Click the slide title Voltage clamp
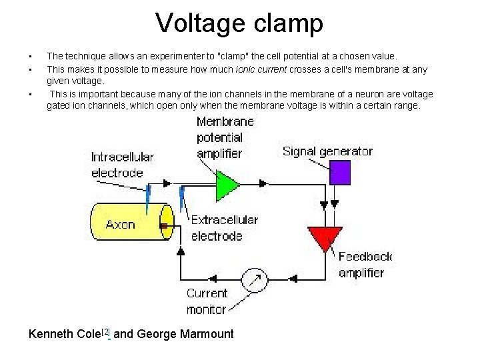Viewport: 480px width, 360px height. point(239,23)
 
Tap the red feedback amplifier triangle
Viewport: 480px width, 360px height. point(324,238)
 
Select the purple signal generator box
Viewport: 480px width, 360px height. point(341,171)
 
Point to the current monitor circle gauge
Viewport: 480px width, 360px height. point(254,280)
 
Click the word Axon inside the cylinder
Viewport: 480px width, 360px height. point(121,225)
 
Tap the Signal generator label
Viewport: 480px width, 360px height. point(327,151)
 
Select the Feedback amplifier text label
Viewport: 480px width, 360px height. point(365,265)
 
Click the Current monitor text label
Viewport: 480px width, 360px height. point(207,301)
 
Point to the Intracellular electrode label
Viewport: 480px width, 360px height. point(122,165)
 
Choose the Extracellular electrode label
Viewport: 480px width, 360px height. point(224,227)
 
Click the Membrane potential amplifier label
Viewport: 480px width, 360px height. point(225,137)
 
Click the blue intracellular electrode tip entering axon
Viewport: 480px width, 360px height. point(148,197)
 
